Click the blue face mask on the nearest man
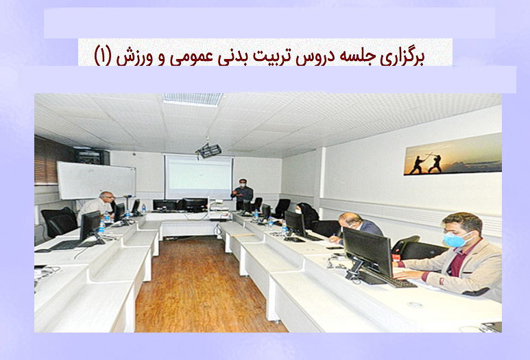[454, 239]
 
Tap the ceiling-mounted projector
[208, 149]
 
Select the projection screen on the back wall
[198, 177]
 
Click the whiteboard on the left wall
[97, 180]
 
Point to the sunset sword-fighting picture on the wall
[453, 155]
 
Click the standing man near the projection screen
[242, 194]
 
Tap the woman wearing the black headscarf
[306, 215]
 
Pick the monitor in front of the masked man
[368, 251]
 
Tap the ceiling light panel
[193, 99]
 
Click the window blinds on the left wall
[47, 160]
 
